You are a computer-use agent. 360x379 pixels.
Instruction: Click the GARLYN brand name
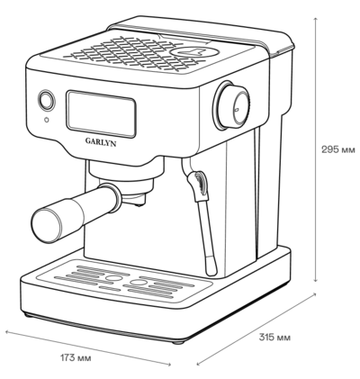pos(101,141)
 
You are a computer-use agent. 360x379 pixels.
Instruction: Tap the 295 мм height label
pos(338,149)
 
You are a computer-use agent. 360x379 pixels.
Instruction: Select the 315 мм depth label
pos(274,338)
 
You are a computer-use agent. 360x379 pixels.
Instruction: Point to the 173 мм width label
pos(76,358)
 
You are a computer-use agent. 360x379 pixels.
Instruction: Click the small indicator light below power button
pos(46,120)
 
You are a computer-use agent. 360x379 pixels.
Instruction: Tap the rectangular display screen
pos(102,114)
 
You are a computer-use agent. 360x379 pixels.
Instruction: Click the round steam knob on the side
pos(231,105)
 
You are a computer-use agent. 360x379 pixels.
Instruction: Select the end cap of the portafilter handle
pos(46,224)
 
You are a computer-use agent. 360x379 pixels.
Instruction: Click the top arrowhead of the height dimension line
pos(315,19)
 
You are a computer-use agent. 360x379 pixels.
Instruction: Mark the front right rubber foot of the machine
pos(177,342)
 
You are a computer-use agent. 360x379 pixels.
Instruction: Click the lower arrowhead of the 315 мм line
pos(199,364)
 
